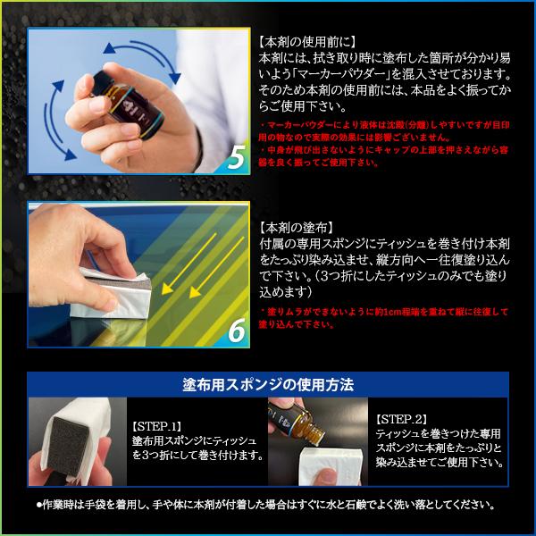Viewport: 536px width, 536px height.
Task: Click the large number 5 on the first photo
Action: [237, 157]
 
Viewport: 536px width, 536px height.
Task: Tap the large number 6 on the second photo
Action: [237, 330]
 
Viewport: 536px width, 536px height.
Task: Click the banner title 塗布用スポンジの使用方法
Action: [267, 385]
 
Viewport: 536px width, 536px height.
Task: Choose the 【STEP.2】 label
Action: [401, 418]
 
